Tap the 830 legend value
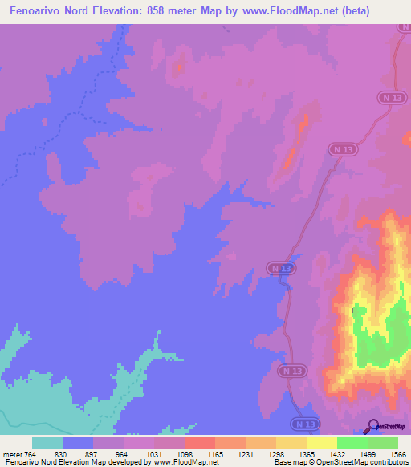click(x=63, y=453)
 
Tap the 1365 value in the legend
click(x=307, y=453)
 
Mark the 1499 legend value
click(x=368, y=453)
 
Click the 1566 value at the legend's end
click(x=397, y=453)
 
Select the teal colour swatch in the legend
click(x=47, y=442)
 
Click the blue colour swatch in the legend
click(x=78, y=442)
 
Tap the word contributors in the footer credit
click(x=388, y=462)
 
